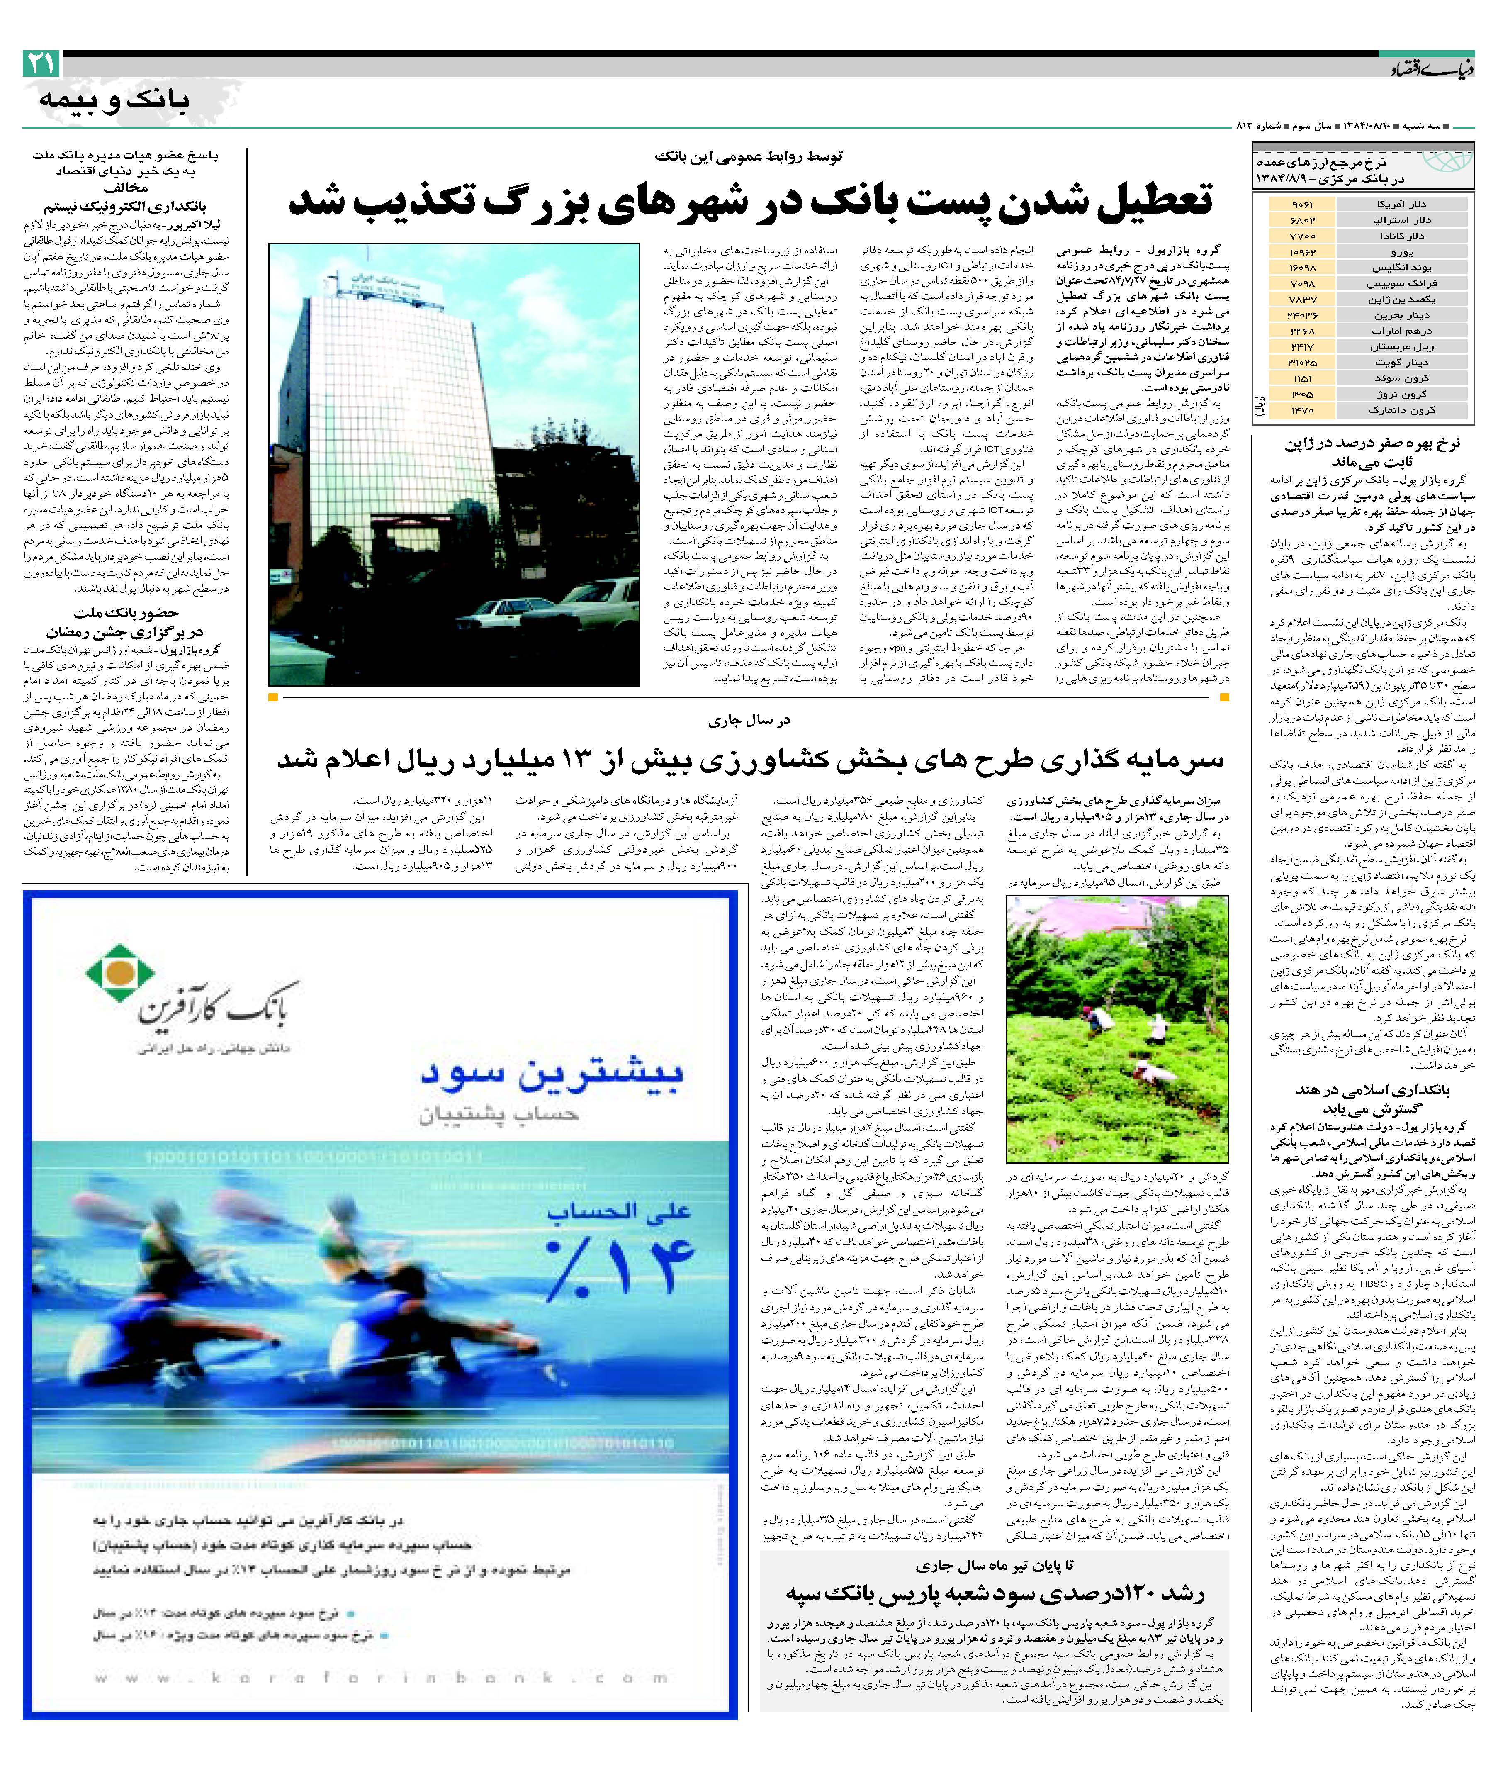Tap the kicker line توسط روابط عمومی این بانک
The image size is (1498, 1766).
pos(749,157)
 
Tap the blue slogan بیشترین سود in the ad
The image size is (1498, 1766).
pos(552,1074)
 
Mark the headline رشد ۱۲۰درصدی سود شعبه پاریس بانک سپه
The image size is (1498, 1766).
pos(995,1593)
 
